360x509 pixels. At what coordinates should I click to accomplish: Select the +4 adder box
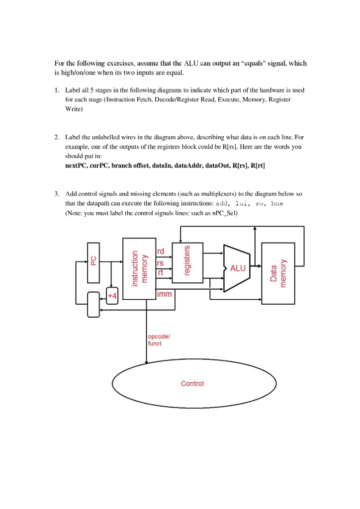point(112,296)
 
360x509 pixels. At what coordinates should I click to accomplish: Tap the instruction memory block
point(139,268)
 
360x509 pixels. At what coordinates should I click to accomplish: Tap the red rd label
point(161,251)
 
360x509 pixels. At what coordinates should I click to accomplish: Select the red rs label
point(160,262)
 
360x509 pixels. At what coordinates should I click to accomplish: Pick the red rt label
point(160,272)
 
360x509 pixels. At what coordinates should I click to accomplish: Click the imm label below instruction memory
point(164,294)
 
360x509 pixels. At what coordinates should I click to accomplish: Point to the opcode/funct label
point(159,340)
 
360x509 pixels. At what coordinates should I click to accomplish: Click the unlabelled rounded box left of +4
point(93,304)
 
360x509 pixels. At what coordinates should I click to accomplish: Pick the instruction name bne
point(276,204)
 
